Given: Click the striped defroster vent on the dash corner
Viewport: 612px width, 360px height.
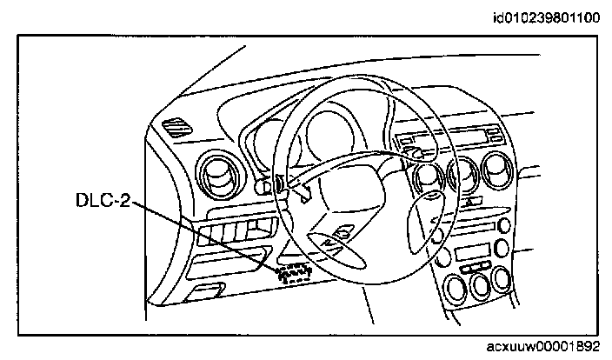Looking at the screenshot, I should (x=181, y=129).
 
